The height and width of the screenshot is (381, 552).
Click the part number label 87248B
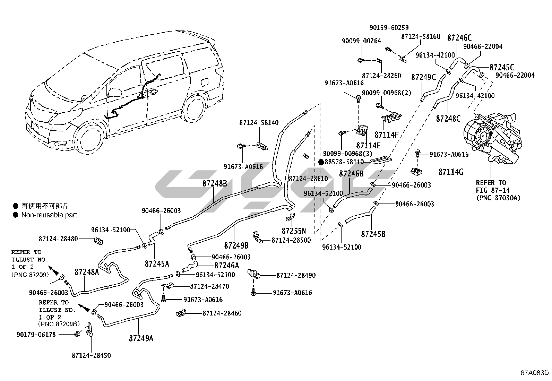click(x=215, y=183)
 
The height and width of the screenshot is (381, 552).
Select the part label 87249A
click(x=141, y=338)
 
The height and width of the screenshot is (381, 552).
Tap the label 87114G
click(x=451, y=172)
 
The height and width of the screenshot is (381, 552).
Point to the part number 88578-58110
click(x=344, y=162)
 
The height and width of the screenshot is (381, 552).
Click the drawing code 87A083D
click(x=535, y=373)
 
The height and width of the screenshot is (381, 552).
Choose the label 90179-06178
click(x=36, y=335)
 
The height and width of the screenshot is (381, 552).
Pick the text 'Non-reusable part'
click(x=49, y=215)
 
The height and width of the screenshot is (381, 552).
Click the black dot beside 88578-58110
click(x=321, y=162)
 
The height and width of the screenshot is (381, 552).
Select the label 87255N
click(x=294, y=231)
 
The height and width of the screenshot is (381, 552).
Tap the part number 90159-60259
click(x=389, y=28)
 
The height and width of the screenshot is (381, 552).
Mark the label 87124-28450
click(x=92, y=355)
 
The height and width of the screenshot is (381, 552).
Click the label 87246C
click(x=459, y=38)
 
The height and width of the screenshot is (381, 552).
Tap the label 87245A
click(x=157, y=263)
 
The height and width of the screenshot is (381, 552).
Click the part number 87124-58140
click(x=259, y=123)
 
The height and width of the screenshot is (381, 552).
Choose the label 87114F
click(x=387, y=135)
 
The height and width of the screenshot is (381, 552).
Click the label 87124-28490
click(x=296, y=275)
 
